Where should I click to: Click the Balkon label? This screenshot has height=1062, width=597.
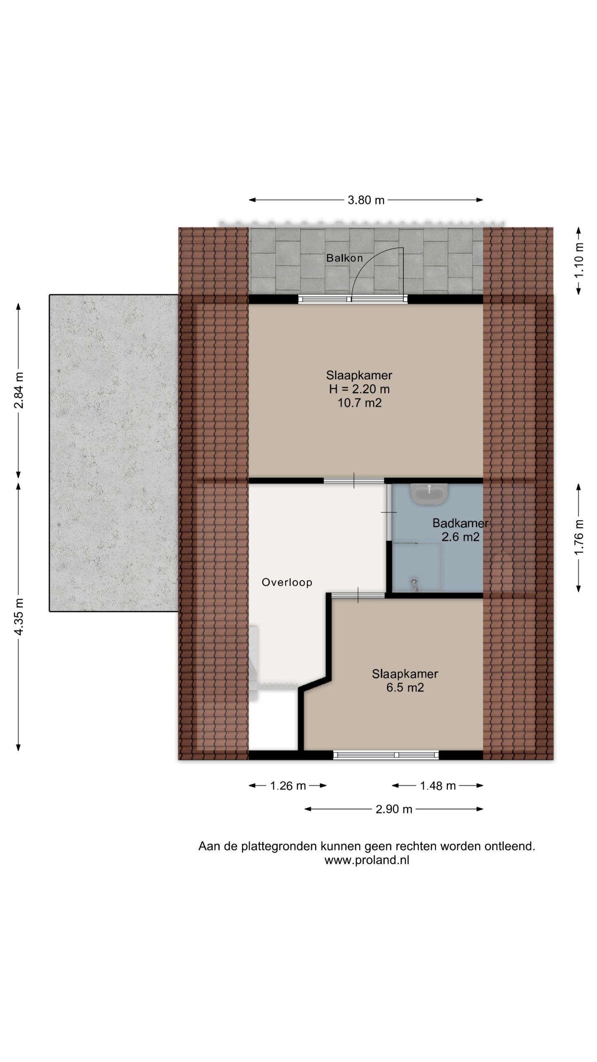tap(344, 258)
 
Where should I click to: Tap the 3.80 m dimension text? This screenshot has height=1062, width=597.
tap(366, 200)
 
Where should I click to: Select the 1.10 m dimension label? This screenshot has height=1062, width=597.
tap(579, 261)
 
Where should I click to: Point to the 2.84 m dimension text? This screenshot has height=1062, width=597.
tap(19, 390)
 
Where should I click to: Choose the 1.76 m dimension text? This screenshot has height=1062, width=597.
tap(579, 537)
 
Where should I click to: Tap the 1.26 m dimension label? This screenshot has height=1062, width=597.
tap(288, 786)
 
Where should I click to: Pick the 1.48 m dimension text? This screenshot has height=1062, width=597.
tap(438, 786)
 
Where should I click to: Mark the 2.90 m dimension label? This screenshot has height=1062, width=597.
tap(394, 809)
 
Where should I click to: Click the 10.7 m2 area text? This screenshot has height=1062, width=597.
tap(359, 403)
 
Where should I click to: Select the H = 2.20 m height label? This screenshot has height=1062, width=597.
tap(359, 389)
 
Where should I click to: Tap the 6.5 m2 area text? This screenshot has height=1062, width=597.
tap(405, 687)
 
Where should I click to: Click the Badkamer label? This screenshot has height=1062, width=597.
tap(461, 523)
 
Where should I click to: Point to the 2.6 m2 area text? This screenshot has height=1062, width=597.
tap(461, 537)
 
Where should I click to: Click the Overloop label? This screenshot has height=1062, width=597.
tap(287, 582)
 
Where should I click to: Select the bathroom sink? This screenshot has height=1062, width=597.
tap(429, 494)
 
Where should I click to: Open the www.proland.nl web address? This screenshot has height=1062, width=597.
tap(367, 860)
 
